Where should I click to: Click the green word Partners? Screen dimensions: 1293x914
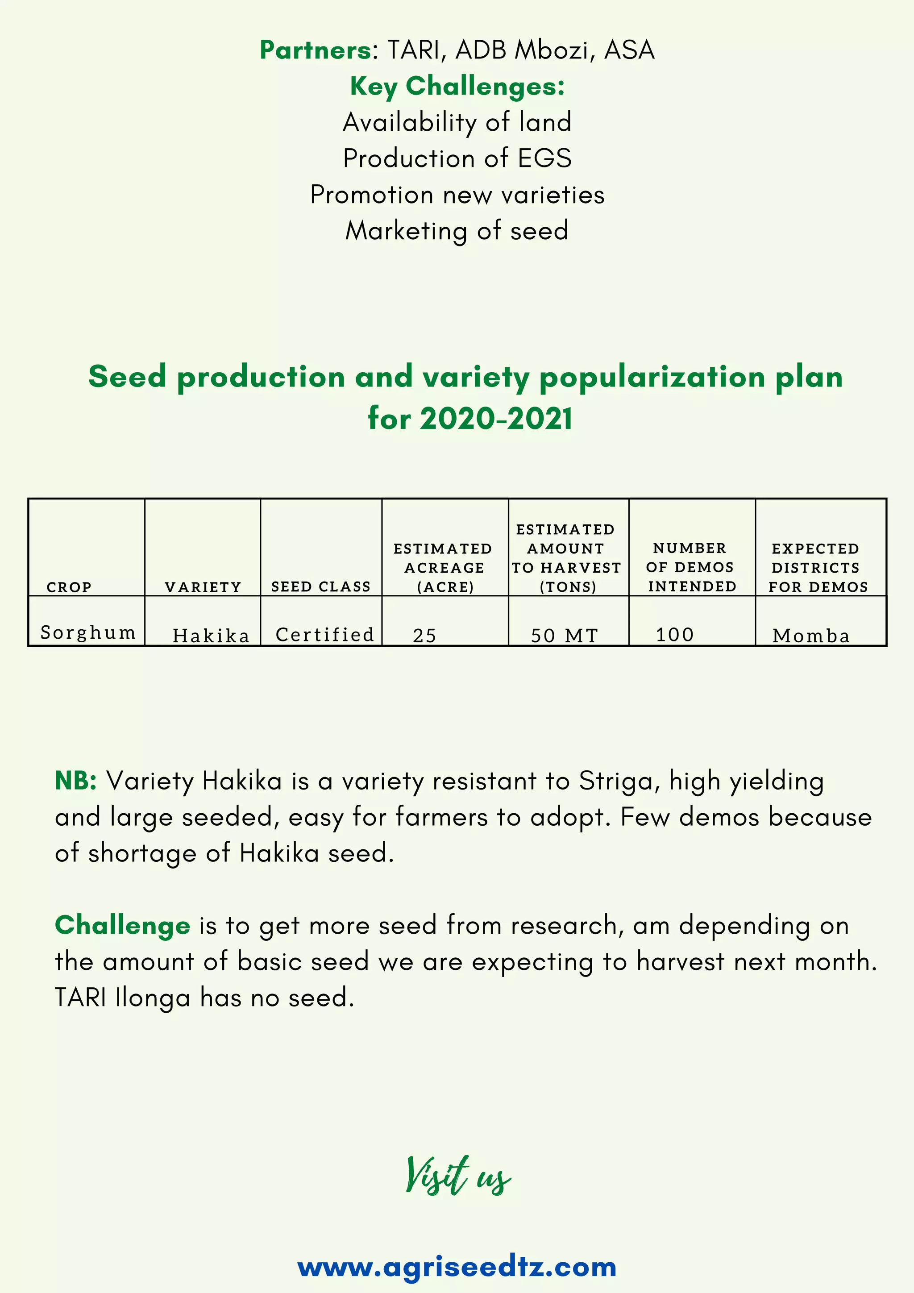(x=315, y=50)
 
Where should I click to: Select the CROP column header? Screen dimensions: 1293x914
(x=69, y=587)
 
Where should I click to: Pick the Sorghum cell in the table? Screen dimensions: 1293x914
(x=88, y=632)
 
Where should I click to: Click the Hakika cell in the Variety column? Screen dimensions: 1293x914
(x=211, y=635)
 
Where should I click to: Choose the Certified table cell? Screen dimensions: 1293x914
(x=324, y=634)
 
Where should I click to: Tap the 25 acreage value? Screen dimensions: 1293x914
(x=424, y=635)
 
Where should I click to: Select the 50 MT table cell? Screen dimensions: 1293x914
(x=564, y=635)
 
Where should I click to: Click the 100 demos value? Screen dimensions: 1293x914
(x=674, y=634)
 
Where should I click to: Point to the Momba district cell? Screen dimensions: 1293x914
(x=810, y=635)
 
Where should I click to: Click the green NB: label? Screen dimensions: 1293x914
(x=75, y=781)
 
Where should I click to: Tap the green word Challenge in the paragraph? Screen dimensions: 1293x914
(x=122, y=925)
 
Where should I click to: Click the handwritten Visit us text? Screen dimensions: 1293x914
(x=457, y=1175)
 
